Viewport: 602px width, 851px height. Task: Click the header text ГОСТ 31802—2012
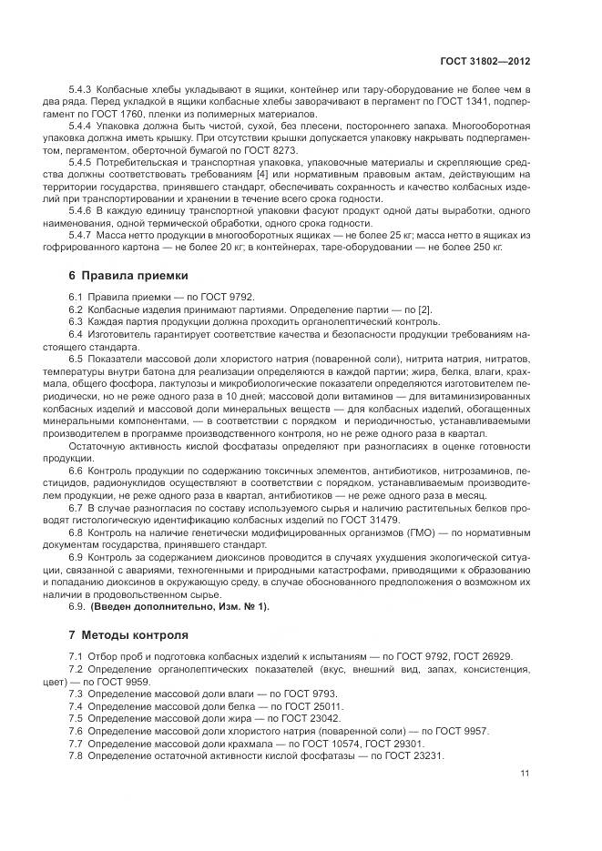(485, 61)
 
